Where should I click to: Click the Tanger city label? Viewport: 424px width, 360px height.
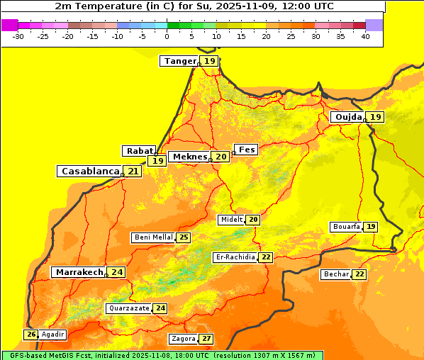tap(179, 61)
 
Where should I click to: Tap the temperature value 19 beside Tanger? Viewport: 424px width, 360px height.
tap(210, 61)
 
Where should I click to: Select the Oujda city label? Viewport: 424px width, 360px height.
tap(348, 117)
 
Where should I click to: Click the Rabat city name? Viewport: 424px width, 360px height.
tap(138, 151)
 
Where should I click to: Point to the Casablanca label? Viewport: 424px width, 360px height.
tap(89, 171)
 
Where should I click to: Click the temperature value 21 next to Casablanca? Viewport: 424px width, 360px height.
tap(133, 171)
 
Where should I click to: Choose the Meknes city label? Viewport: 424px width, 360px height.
tap(189, 157)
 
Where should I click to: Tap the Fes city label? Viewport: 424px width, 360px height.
tap(247, 150)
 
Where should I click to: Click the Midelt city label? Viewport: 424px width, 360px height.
tap(231, 220)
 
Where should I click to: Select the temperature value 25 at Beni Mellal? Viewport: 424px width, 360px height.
tap(184, 237)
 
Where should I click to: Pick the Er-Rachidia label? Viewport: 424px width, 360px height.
tap(235, 257)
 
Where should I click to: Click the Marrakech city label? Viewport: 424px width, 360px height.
tap(79, 272)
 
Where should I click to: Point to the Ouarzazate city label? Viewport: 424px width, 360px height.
tap(129, 308)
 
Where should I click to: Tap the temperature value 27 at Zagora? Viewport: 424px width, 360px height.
tap(206, 339)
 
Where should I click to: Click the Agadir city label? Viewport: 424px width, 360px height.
tap(53, 334)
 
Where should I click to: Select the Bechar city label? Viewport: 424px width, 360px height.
tap(336, 274)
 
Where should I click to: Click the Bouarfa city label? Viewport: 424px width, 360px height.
tap(346, 227)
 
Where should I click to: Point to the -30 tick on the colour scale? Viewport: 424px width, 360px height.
tap(18, 36)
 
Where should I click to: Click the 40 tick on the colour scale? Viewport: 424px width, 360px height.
tap(365, 36)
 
